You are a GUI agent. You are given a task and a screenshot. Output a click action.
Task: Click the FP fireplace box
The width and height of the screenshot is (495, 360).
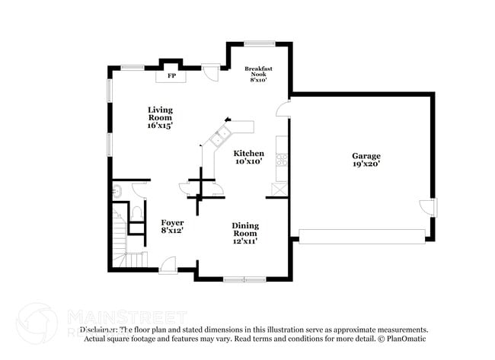pos(171,75)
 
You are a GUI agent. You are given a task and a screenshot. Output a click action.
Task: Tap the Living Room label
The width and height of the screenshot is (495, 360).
pos(160,117)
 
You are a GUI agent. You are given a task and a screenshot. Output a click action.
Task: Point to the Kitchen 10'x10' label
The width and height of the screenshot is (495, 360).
pos(248,157)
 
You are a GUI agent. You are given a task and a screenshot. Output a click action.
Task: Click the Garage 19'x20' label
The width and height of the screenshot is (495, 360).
pos(366,159)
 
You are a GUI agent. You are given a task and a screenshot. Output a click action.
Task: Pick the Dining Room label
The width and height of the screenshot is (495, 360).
pos(245,233)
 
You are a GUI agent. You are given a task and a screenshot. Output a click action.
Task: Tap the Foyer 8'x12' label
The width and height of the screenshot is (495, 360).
pos(172,226)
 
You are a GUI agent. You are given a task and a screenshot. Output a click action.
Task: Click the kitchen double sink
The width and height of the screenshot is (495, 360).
pos(222,138)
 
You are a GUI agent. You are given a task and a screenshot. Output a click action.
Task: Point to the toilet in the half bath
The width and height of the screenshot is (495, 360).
pos(137,212)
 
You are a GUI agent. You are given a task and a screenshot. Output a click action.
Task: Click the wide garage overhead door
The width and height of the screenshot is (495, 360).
pos(362,236)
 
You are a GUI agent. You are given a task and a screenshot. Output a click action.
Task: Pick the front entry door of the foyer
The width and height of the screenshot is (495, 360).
pos(168,266)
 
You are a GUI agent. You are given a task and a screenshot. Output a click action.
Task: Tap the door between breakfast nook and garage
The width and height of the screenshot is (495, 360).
pos(285,107)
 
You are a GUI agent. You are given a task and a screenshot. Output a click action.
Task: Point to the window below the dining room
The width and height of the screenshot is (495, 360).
pos(243,279)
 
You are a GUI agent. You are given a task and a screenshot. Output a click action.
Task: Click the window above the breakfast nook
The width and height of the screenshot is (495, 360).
pos(259,43)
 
